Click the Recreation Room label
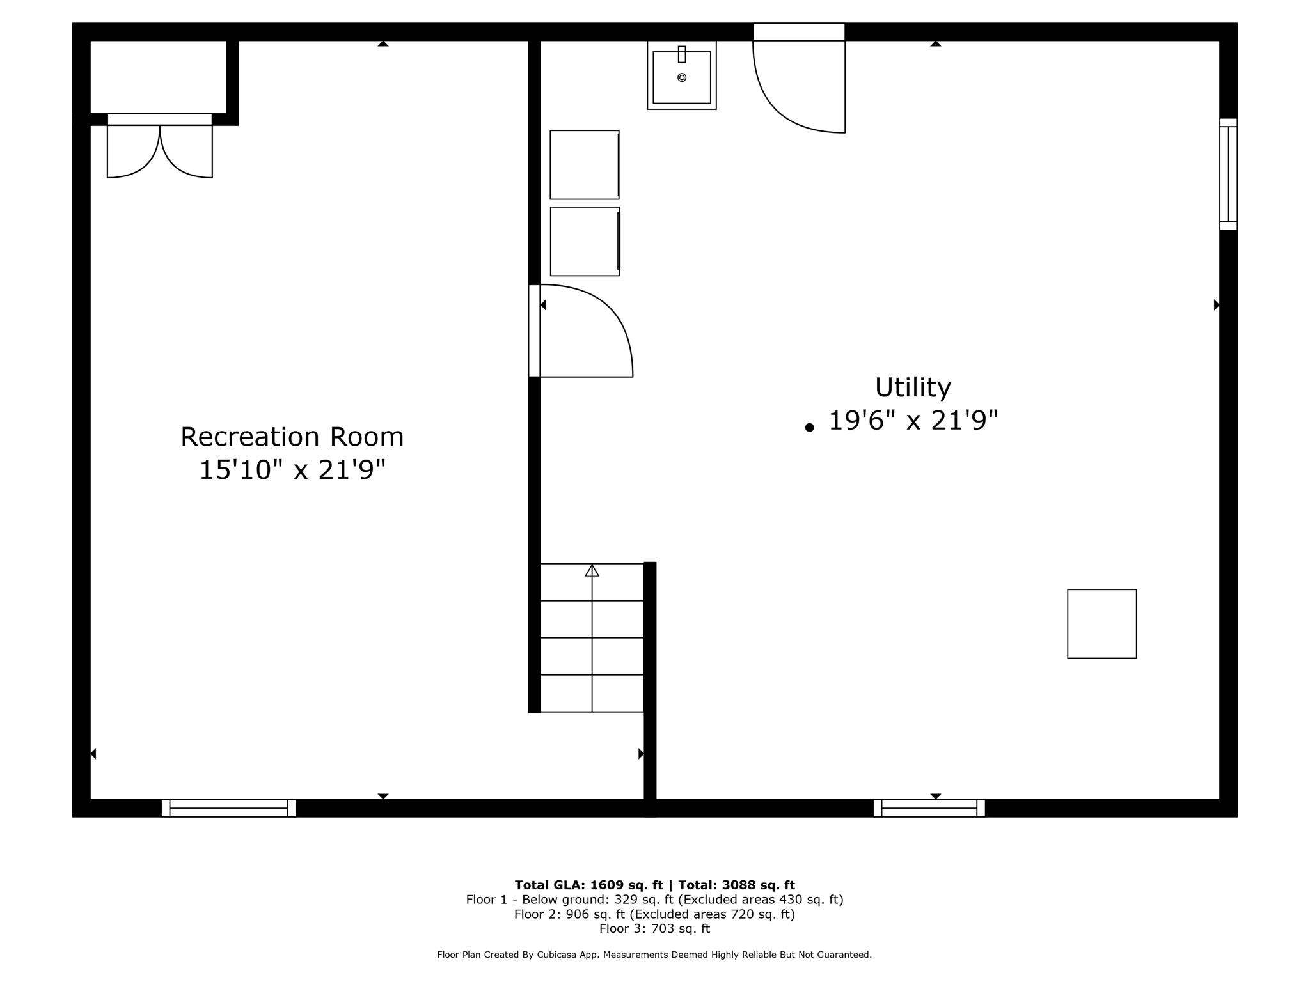[x=292, y=437]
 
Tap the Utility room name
[x=913, y=387]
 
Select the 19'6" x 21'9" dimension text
[x=913, y=421]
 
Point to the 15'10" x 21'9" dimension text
[x=292, y=470]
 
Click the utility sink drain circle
[x=682, y=77]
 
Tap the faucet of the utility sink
[x=682, y=54]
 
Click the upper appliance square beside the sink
[x=584, y=164]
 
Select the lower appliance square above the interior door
[x=584, y=241]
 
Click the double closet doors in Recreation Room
[x=159, y=151]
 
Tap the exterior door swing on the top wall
[x=800, y=86]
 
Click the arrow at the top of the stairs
[x=592, y=570]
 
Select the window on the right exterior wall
[x=1228, y=174]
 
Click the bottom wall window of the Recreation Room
[x=228, y=808]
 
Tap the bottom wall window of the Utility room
[x=929, y=808]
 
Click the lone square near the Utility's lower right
[x=1101, y=623]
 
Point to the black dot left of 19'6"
[x=809, y=428]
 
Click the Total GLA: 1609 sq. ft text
[x=589, y=885]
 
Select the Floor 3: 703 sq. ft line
[x=654, y=928]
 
